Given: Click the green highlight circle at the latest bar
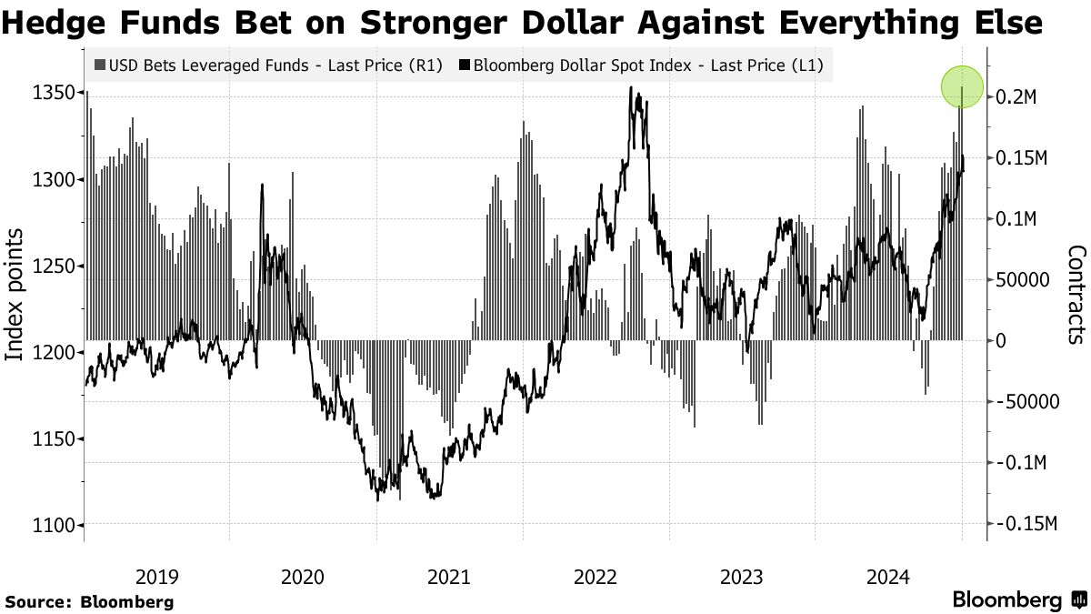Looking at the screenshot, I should pyautogui.click(x=962, y=86).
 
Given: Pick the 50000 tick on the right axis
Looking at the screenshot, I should pyautogui.click(x=1025, y=280).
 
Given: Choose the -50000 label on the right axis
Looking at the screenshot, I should pyautogui.click(x=1027, y=402).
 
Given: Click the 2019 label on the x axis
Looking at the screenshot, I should pyautogui.click(x=156, y=576).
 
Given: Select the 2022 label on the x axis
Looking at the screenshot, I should pyautogui.click(x=596, y=576).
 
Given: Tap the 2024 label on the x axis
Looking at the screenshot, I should pyautogui.click(x=888, y=576).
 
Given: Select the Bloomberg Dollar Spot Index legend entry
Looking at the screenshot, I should pyautogui.click(x=642, y=65).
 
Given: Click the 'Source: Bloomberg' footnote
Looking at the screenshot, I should pyautogui.click(x=88, y=601).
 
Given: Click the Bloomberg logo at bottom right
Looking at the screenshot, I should pyautogui.click(x=1018, y=599).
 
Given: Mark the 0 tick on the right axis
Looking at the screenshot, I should pyautogui.click(x=1002, y=341).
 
